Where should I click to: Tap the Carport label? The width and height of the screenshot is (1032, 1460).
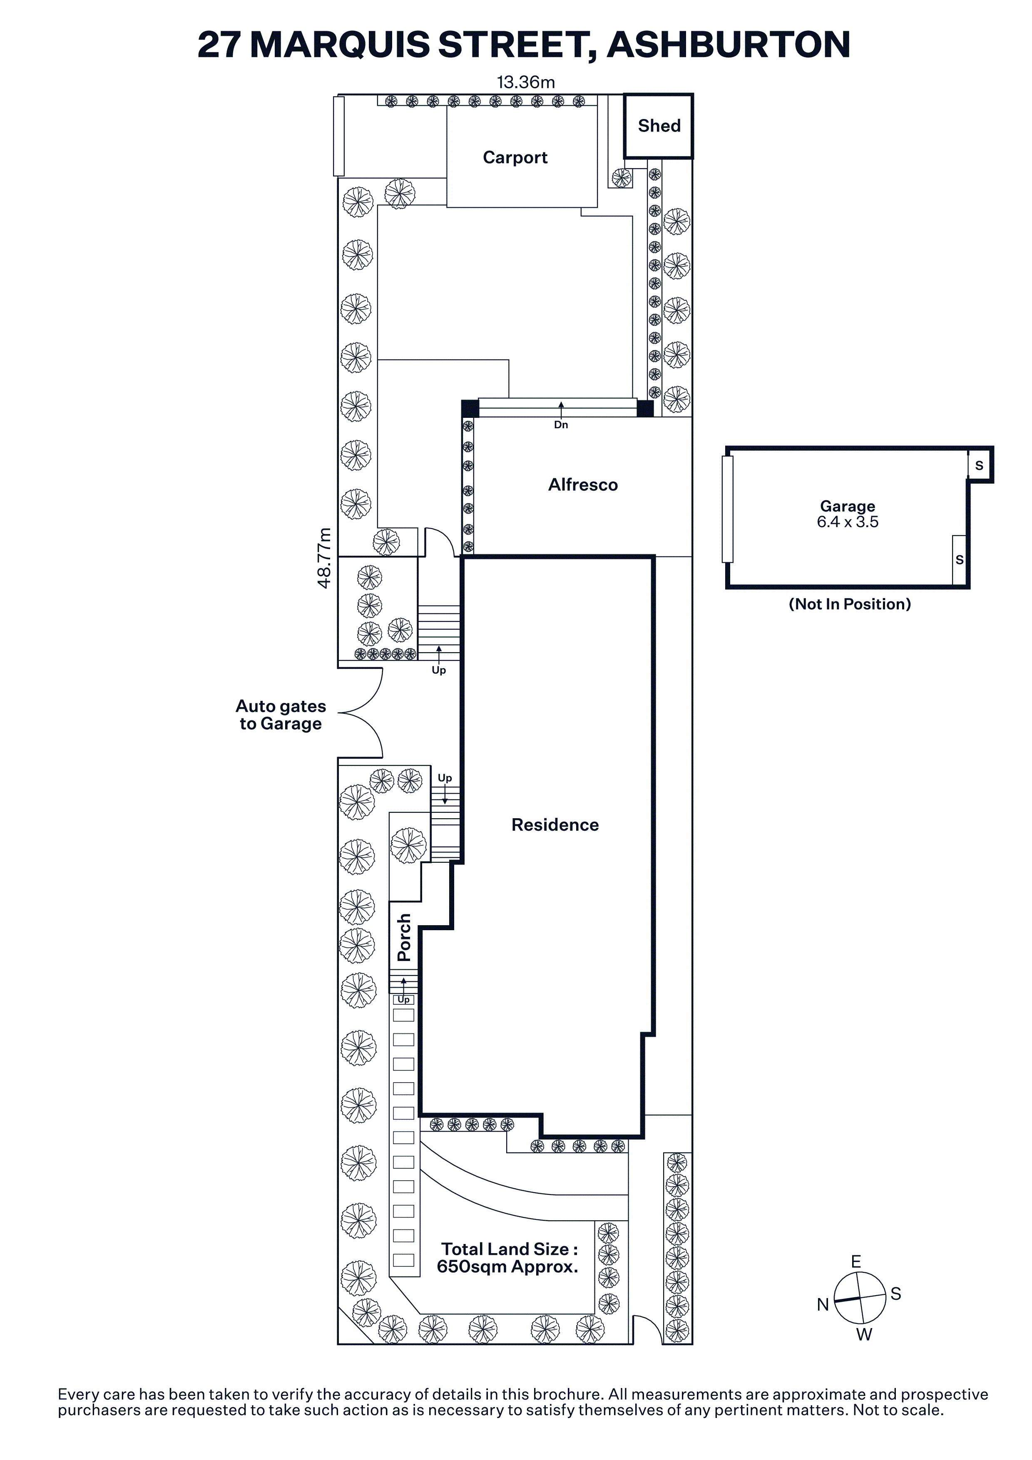click(x=515, y=158)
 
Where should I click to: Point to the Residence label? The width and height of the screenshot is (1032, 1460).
click(x=555, y=825)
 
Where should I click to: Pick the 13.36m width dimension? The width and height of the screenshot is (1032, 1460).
click(x=526, y=83)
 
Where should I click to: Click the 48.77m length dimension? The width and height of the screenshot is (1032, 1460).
click(x=324, y=558)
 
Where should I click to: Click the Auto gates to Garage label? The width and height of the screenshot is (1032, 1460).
click(x=281, y=715)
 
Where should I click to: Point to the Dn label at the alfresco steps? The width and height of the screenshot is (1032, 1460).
click(x=561, y=425)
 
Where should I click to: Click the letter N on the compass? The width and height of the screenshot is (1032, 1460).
click(x=823, y=1305)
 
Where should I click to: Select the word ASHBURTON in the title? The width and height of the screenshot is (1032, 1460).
click(x=729, y=45)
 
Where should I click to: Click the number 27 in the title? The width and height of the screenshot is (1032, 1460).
click(x=219, y=45)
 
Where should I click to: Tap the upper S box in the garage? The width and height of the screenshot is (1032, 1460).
click(x=979, y=465)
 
